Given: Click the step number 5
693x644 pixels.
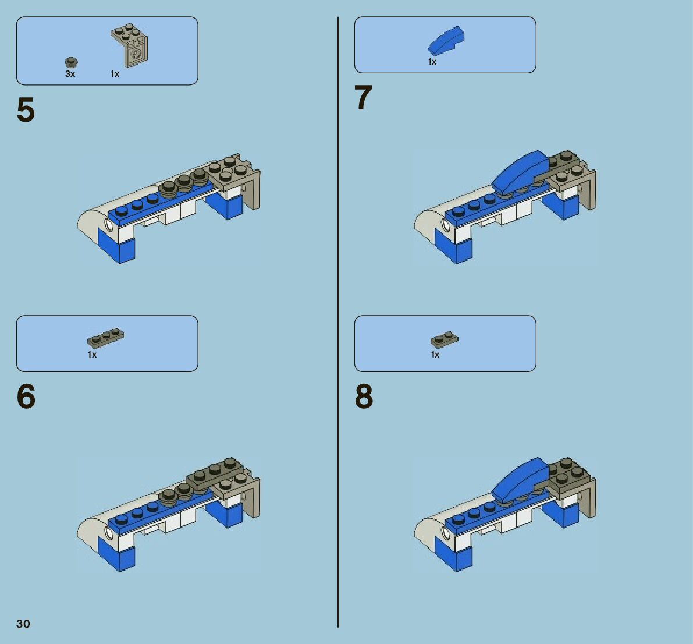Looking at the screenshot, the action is click(x=26, y=109).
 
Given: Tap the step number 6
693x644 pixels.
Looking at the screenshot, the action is click(x=26, y=397).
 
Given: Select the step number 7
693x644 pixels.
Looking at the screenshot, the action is click(x=363, y=97).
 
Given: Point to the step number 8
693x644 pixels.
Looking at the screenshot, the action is click(x=364, y=397).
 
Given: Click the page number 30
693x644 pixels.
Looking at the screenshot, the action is click(x=23, y=624).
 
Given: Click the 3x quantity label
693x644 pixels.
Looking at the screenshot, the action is click(x=70, y=74).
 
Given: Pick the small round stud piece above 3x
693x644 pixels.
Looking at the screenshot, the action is click(x=71, y=62).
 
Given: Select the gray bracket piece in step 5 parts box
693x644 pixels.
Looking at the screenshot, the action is click(x=129, y=45).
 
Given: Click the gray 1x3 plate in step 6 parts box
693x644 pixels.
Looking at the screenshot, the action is click(x=106, y=338).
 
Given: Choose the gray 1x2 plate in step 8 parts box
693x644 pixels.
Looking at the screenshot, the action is click(x=444, y=339).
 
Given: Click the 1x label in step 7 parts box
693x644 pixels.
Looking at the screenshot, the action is click(x=432, y=62).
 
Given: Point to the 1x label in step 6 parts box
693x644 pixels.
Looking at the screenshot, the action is click(x=92, y=355).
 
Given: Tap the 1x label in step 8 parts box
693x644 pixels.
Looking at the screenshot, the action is click(x=435, y=355).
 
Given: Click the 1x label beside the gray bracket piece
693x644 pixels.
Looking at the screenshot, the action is click(x=115, y=74).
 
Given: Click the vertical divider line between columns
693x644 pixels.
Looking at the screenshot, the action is click(x=338, y=322).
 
